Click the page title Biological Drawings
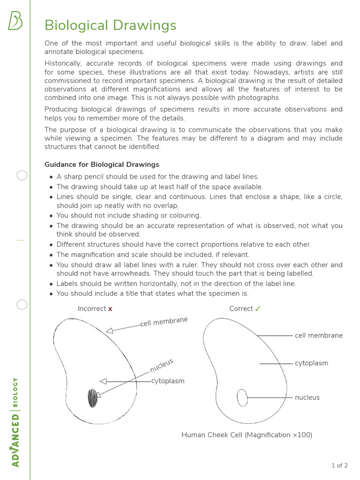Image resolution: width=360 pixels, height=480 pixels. click(x=110, y=25)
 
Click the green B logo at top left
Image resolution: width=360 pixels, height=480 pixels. click(x=15, y=21)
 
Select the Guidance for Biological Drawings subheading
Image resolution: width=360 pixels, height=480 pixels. click(x=102, y=165)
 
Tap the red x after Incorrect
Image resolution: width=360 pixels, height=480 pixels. click(x=110, y=309)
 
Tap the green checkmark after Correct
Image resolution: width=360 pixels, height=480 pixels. click(x=258, y=308)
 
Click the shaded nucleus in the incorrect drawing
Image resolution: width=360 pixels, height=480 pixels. click(x=93, y=398)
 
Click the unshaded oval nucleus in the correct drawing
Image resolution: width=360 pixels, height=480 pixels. click(x=242, y=397)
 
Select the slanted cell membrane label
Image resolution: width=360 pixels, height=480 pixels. click(x=164, y=322)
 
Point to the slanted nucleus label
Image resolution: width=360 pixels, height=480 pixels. click(x=162, y=365)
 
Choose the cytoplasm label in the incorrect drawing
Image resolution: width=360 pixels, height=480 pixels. click(x=168, y=381)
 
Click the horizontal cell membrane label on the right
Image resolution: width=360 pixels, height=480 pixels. click(x=319, y=336)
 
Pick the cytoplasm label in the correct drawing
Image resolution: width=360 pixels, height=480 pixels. click(x=311, y=363)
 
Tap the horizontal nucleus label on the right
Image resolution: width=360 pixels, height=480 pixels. click(x=307, y=397)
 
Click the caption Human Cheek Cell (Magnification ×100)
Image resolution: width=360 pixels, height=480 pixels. click(x=247, y=435)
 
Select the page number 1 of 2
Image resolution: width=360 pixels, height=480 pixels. click(x=339, y=465)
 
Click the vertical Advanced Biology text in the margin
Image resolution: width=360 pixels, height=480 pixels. click(x=15, y=422)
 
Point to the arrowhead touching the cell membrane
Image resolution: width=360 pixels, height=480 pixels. click(x=109, y=331)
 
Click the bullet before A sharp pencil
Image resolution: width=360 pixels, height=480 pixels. click(x=51, y=177)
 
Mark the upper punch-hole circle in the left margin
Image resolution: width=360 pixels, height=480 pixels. click(x=22, y=176)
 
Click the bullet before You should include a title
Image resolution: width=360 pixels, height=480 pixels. click(x=51, y=294)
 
